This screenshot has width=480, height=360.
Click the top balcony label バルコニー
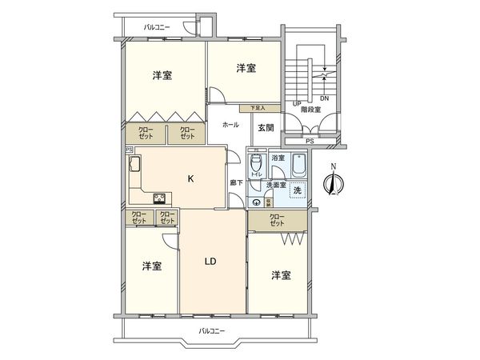[158, 27]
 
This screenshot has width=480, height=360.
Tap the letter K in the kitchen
[190, 179]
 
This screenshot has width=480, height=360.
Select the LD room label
[211, 261]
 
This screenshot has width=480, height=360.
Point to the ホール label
[230, 126]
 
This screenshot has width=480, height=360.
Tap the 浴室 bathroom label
[278, 159]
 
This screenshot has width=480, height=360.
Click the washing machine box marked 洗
[297, 191]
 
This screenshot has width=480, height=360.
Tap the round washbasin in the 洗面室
[255, 202]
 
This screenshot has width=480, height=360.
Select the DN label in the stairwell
[324, 99]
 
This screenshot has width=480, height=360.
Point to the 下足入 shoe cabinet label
[257, 106]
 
